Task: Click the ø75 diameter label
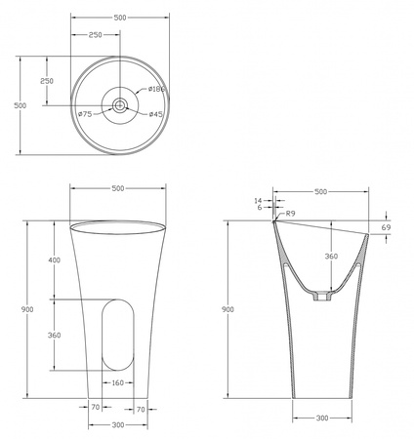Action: point(85,114)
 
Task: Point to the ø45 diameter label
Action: point(155,114)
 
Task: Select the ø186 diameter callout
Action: point(156,89)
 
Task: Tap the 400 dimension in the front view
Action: point(55,259)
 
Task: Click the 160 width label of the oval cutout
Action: point(118,382)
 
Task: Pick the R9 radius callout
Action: point(290,214)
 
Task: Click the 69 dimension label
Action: point(386,227)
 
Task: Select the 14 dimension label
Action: point(258,201)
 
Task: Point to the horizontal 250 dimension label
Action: point(96,34)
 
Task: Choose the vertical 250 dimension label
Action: point(47,81)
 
